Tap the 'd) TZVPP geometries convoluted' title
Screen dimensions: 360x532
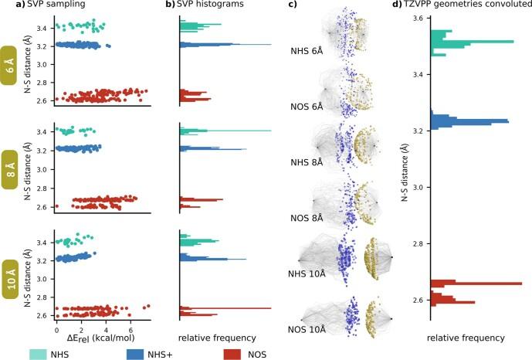click(456, 7)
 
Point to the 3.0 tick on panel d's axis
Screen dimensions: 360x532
click(415, 188)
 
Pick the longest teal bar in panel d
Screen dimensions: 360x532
click(472, 41)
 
